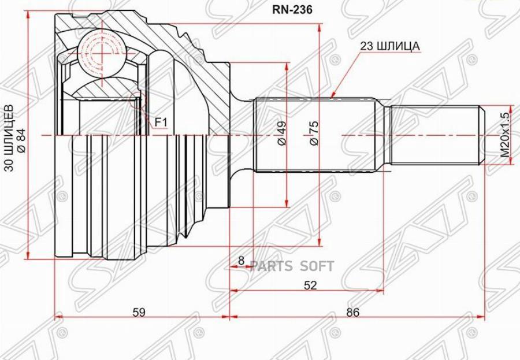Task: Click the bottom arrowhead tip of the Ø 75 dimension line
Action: point(320,247)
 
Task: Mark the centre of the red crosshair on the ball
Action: point(100,53)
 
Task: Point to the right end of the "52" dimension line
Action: point(384,290)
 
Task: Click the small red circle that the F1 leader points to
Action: point(137,100)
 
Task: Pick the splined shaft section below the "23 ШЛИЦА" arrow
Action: point(315,135)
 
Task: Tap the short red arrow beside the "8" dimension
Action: point(242,266)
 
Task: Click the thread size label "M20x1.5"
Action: point(504,135)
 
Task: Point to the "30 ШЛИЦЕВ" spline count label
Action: point(10,138)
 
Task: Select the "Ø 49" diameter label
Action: point(281,133)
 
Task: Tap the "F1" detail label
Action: point(161,123)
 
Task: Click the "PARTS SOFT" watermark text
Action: point(292,266)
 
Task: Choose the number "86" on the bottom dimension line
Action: point(352,313)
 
